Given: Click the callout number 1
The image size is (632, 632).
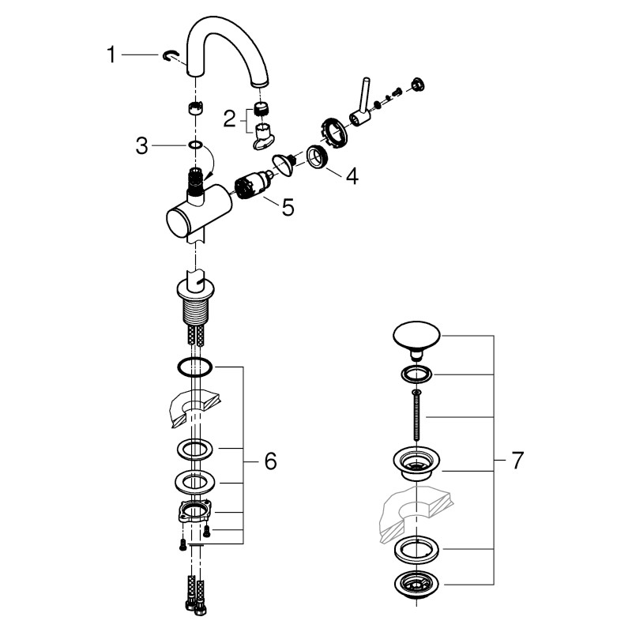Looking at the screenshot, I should (x=112, y=55).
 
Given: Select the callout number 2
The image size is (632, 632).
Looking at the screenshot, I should (x=229, y=119).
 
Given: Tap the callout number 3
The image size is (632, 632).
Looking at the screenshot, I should (x=141, y=146).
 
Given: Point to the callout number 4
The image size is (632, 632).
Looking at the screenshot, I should (x=351, y=176).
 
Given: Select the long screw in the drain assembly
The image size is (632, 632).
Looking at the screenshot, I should (x=413, y=419).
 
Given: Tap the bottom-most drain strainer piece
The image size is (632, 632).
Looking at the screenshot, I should (x=413, y=585).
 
